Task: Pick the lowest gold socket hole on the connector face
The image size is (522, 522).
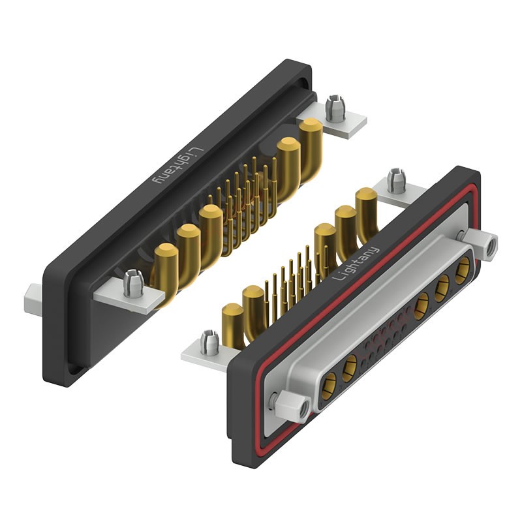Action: click(x=330, y=386)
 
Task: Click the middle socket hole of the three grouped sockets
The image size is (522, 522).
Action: click(x=442, y=288)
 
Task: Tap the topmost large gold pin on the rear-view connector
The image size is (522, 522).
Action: click(x=311, y=150)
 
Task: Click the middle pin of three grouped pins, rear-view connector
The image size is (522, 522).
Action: click(x=188, y=254)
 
